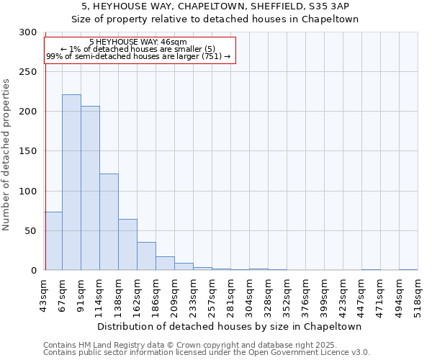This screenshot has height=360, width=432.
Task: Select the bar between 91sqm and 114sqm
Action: [90, 188]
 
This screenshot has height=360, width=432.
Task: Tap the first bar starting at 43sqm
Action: [53, 241]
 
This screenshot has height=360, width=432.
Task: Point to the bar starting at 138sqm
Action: [127, 245]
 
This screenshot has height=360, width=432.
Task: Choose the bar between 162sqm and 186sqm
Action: [146, 256]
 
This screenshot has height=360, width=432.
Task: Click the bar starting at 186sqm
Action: [165, 264]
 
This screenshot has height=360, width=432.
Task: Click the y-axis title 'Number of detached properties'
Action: [6, 155]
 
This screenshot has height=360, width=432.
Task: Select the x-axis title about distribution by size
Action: [230, 326]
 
